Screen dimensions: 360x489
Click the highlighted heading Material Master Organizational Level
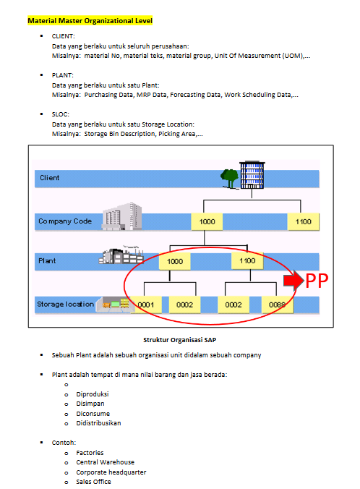pos(90,21)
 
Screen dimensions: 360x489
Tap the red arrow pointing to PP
pos(293,281)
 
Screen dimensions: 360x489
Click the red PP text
pos(317,281)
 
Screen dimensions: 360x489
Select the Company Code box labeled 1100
pos(304,222)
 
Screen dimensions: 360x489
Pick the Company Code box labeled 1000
pos(207,222)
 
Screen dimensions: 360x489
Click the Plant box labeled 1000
pos(174,261)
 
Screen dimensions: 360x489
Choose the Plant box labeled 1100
pos(247,260)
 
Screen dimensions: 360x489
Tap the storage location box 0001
pos(145,305)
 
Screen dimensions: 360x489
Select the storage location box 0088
pos(277,305)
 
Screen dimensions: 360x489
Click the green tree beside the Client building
pos(230,178)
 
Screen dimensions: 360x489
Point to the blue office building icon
pos(252,175)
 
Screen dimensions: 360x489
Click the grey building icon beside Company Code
pos(122,216)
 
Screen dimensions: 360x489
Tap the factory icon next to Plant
pos(121,255)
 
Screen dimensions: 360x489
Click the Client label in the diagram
pos(50,178)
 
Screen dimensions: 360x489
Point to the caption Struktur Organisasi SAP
pos(179,340)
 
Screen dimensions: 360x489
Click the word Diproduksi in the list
pos(93,394)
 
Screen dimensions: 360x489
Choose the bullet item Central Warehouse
pos(106,462)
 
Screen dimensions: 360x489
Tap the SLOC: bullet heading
pos(61,114)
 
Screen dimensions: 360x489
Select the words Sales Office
pos(93,482)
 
